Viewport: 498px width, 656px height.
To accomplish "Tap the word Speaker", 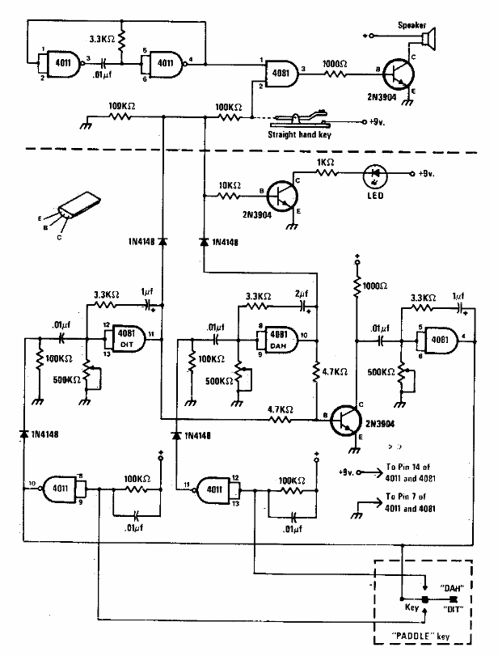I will coord(412,24).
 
